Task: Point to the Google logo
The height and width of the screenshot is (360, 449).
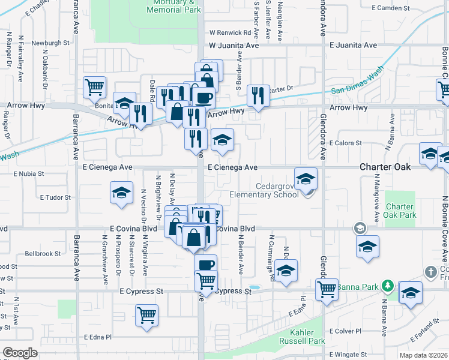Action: click(x=20, y=353)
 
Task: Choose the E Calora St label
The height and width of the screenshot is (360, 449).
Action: click(x=346, y=143)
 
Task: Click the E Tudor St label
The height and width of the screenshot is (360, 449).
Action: click(x=55, y=197)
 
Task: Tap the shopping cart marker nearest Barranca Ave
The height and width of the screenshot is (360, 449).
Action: click(x=94, y=87)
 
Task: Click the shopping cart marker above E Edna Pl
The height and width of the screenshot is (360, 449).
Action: click(x=146, y=314)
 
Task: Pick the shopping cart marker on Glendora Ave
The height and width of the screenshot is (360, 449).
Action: click(x=327, y=290)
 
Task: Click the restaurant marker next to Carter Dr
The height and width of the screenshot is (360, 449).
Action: click(x=258, y=95)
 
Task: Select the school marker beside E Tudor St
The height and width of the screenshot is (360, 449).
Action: click(x=121, y=193)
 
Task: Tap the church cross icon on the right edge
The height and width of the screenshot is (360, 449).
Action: click(x=430, y=272)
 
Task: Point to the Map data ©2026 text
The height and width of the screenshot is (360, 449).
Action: click(x=424, y=355)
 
